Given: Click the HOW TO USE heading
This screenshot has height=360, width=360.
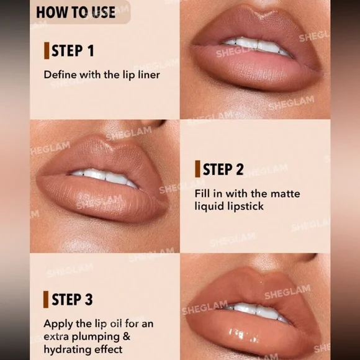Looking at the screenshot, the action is (76, 12).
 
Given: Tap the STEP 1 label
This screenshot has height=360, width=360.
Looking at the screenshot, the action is (73, 51).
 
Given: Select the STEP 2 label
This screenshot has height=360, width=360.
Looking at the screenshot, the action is (223, 169).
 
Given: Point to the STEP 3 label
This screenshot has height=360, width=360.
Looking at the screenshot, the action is (73, 299).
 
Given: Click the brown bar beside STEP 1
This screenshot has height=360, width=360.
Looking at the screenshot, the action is (47, 50).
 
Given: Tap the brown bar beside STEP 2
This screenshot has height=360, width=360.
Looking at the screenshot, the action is (197, 169).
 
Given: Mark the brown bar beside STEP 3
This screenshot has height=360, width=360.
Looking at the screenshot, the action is (46, 299).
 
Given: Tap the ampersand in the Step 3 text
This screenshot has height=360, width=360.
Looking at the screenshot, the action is (127, 336).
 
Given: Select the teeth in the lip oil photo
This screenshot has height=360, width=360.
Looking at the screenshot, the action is (257, 311).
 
